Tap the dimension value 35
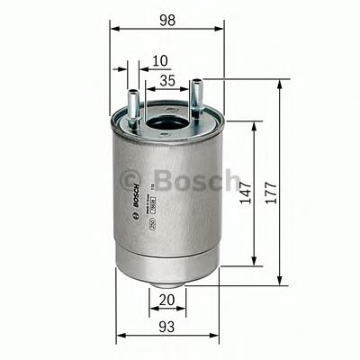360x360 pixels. coord(166,81)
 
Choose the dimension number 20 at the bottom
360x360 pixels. coord(165,300)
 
